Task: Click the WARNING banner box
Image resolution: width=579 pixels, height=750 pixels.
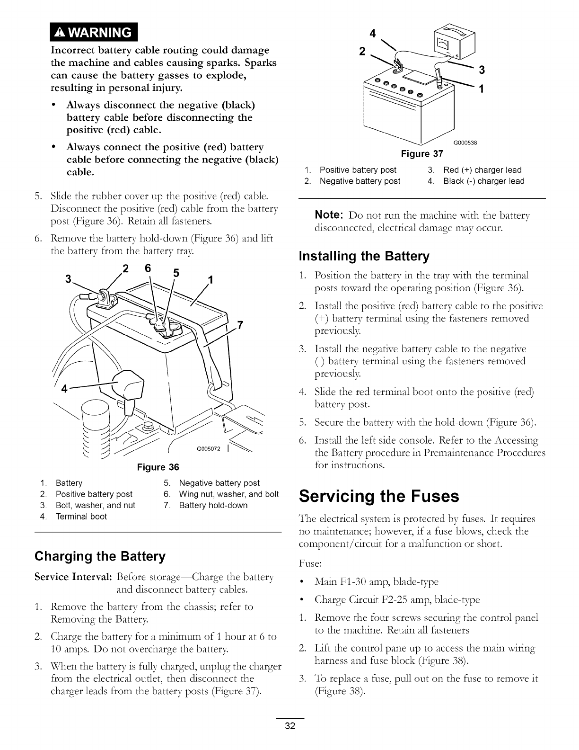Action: tap(94, 32)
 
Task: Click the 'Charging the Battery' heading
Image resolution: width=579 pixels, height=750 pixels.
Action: tap(100, 556)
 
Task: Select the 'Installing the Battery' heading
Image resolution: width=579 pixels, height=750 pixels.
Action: tap(364, 256)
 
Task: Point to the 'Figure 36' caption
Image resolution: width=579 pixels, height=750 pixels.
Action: tap(158, 467)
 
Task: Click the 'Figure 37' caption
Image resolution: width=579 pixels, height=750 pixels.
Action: tap(422, 154)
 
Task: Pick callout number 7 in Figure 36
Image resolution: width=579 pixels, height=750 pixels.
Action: tap(240, 325)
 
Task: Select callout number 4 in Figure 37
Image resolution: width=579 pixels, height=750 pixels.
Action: tap(373, 34)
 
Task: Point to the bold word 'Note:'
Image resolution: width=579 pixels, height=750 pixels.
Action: tap(329, 215)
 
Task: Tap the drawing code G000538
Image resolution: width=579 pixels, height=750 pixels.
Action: tap(465, 143)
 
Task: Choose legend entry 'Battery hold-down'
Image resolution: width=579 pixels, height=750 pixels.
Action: tap(213, 505)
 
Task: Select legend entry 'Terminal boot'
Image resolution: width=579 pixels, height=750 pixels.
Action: tap(81, 517)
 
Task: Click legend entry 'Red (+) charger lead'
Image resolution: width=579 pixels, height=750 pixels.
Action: tap(482, 170)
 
